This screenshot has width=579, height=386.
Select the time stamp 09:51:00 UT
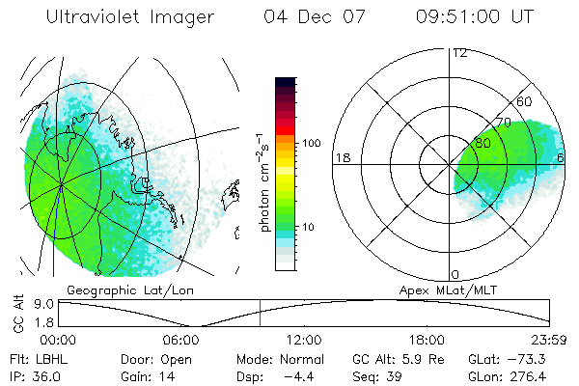coord(475,17)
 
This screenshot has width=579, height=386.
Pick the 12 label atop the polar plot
coord(460,52)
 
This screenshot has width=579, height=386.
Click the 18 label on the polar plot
coord(341,157)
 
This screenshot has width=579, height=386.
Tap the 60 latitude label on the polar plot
coord(526,101)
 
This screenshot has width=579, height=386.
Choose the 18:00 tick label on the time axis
coord(427,341)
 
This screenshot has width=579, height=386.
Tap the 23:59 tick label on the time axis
coord(549,341)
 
